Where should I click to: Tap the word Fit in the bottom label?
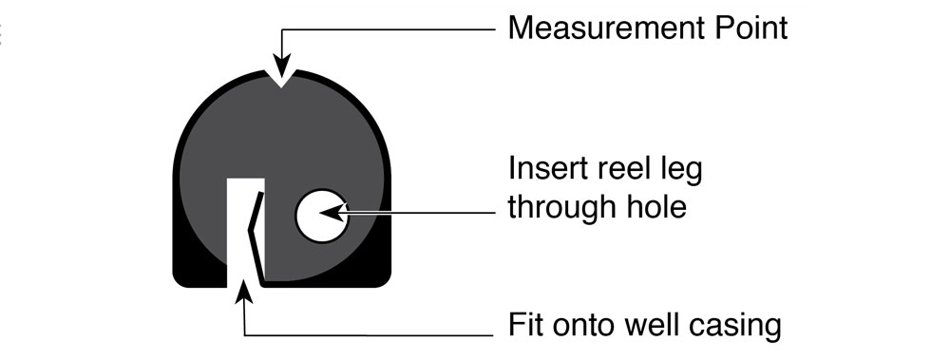click(x=525, y=326)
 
